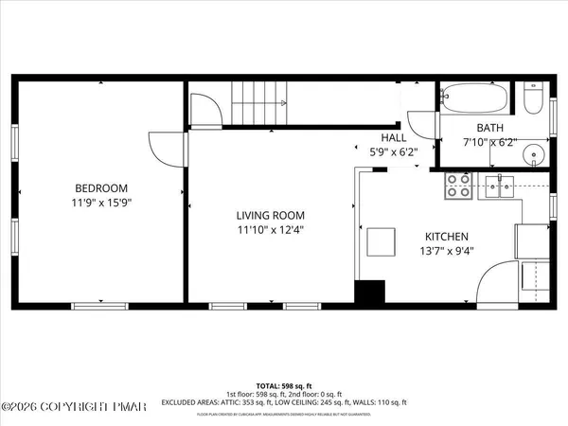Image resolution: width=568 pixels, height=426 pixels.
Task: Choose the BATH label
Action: [x=489, y=128]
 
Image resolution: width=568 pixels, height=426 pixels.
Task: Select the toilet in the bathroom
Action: [x=530, y=99]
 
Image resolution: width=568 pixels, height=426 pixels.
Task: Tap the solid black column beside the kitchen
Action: [x=368, y=293]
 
